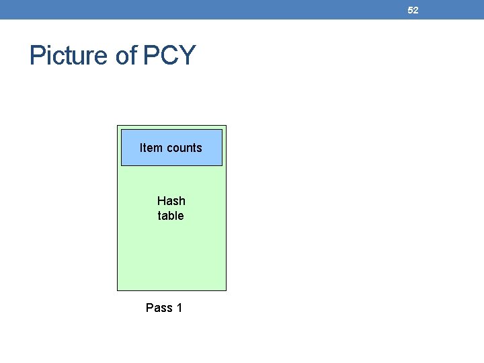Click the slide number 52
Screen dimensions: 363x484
413,10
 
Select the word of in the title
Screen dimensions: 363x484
126,55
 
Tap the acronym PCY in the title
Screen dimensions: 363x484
169,55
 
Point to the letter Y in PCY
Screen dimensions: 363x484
186,55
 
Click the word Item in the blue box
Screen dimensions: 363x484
151,148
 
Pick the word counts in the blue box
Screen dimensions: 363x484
184,148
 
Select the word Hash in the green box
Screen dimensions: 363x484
171,201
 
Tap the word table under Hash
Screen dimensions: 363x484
171,216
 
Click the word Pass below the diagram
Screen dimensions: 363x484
159,308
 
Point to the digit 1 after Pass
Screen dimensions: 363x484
179,308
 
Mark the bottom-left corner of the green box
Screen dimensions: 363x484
118,290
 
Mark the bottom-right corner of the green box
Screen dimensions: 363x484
226,290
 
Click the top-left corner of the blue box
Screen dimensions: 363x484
122,130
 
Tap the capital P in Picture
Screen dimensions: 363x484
37,55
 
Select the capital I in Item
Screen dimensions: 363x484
141,148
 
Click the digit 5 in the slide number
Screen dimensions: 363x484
410,10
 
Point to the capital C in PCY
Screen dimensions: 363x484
169,55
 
